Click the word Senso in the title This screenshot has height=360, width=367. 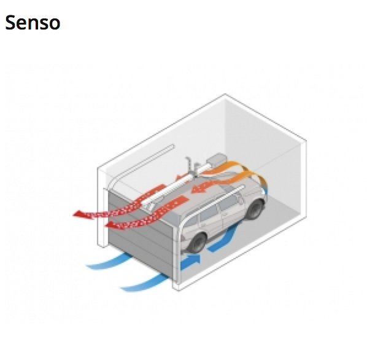pyautogui.click(x=33, y=23)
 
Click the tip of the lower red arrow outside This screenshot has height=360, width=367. pyautogui.click(x=106, y=226)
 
